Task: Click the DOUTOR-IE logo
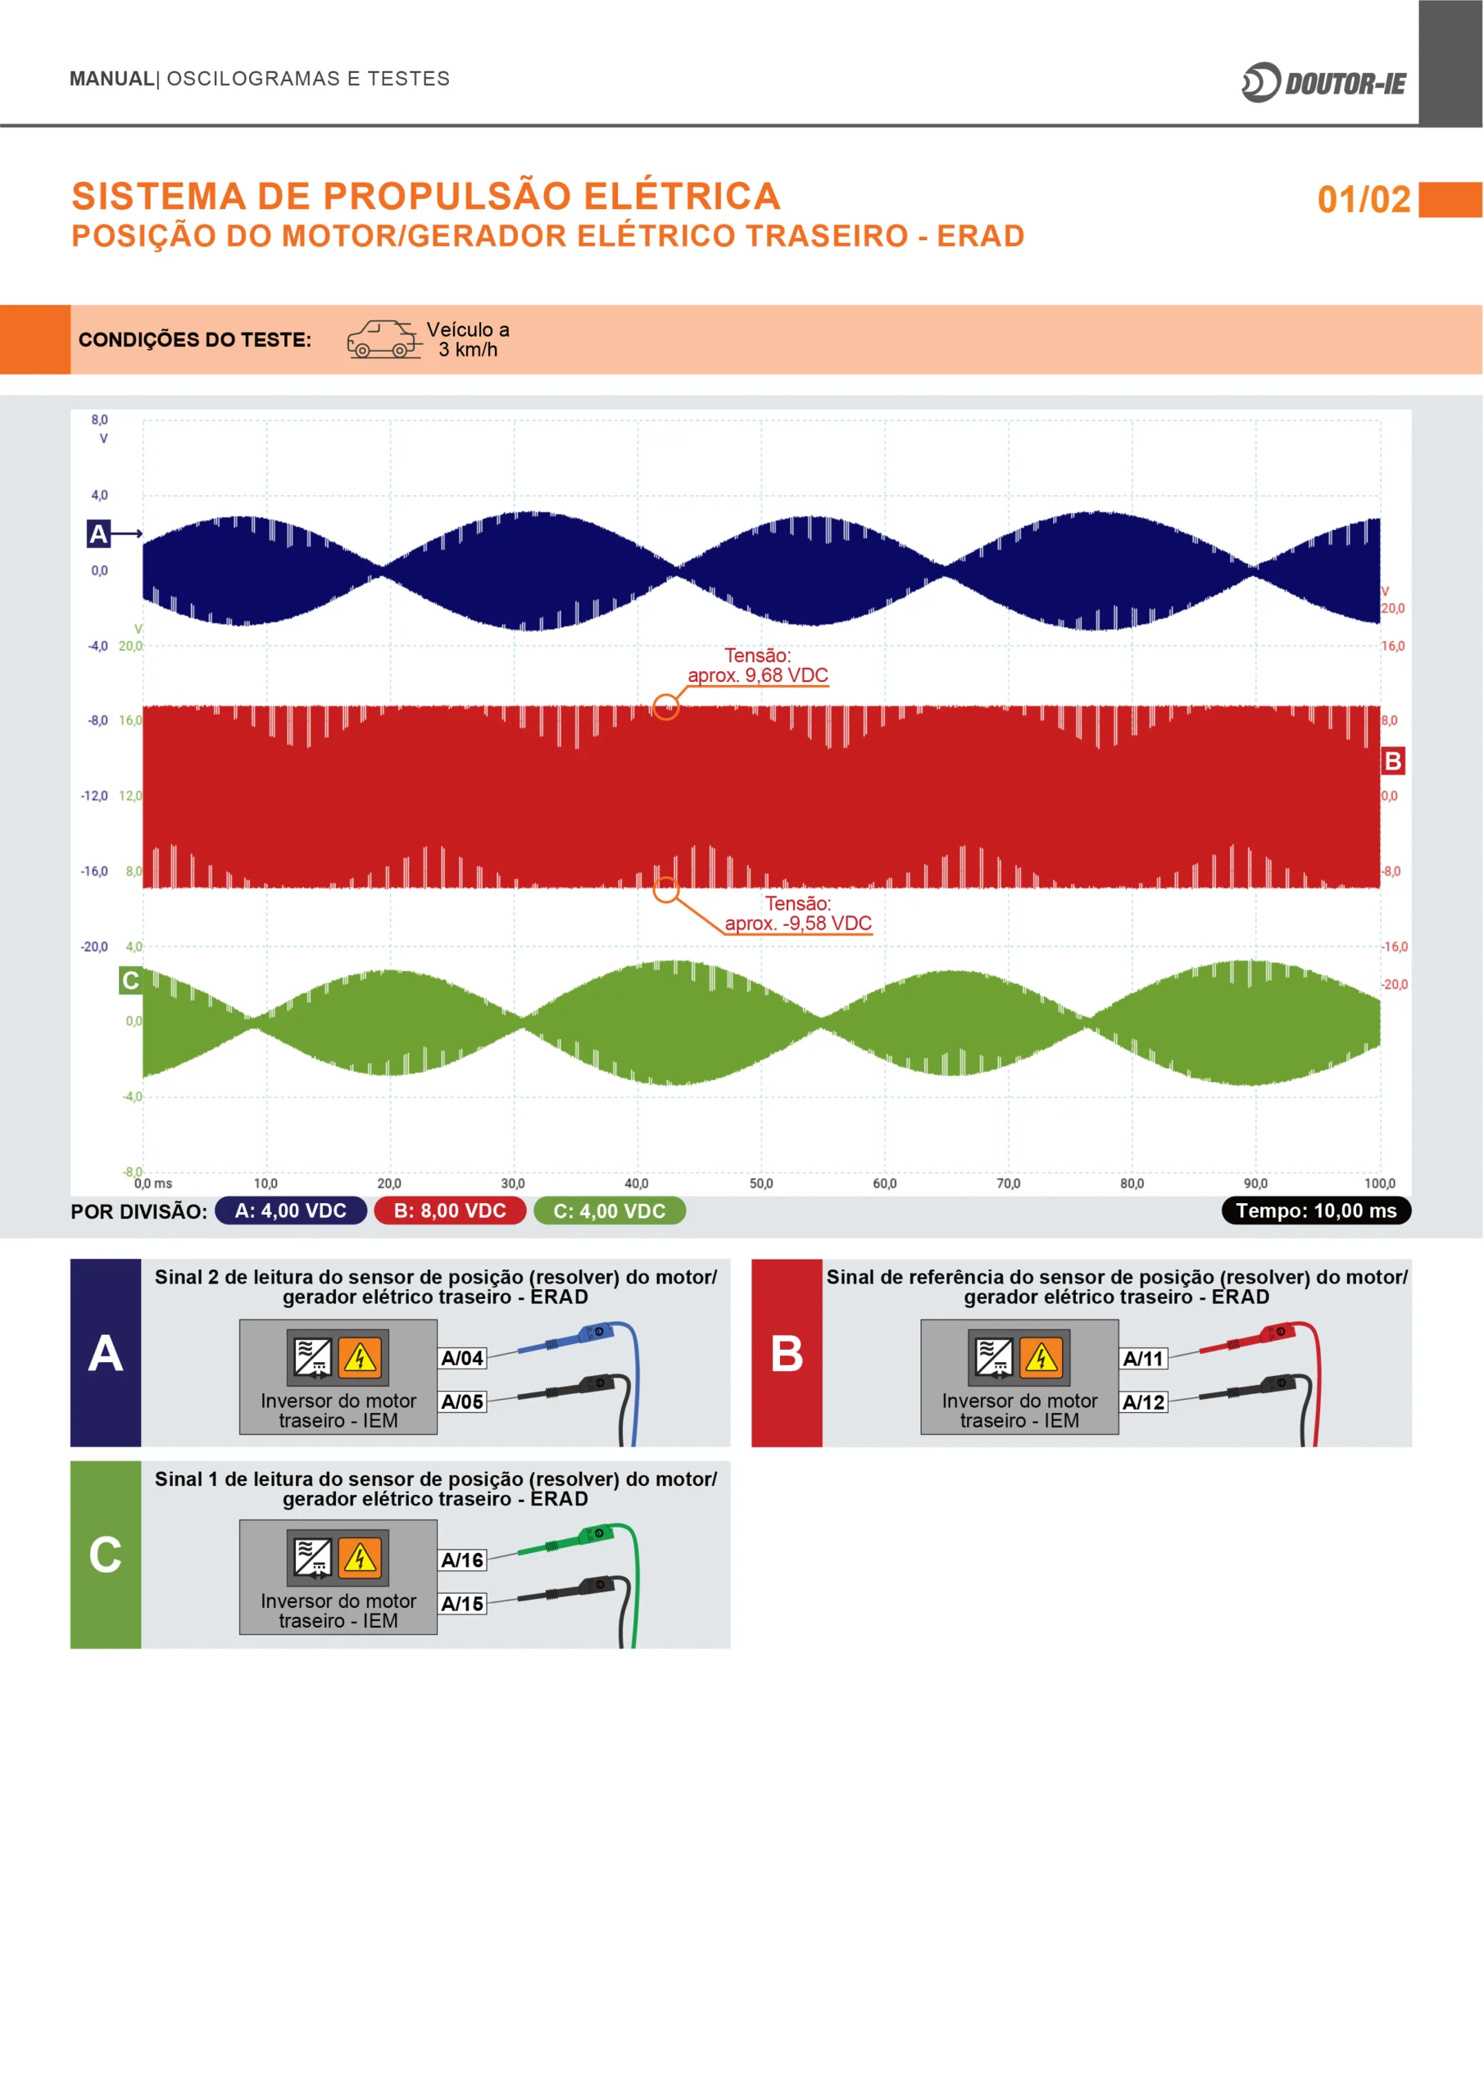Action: (x=1323, y=83)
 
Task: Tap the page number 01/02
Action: (x=1364, y=199)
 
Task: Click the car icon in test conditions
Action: (x=384, y=339)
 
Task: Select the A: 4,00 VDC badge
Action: (x=291, y=1210)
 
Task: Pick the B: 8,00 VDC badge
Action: (x=450, y=1210)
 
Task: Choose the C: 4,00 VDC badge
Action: (x=610, y=1210)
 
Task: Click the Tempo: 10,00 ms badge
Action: (x=1316, y=1210)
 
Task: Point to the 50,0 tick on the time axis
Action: (x=760, y=1183)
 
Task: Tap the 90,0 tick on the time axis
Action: (x=1255, y=1183)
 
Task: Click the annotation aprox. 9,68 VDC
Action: (x=757, y=675)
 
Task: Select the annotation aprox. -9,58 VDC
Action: (x=798, y=923)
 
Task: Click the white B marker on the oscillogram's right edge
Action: (x=1392, y=761)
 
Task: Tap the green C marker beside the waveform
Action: (x=130, y=980)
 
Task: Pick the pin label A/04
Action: (x=462, y=1358)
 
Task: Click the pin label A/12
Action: (x=1144, y=1401)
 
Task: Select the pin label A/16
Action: (x=462, y=1560)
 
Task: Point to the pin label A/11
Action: (x=1144, y=1358)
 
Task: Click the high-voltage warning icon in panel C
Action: (x=360, y=1557)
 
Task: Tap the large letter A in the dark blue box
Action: (x=106, y=1353)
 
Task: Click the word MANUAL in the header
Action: (x=111, y=79)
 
